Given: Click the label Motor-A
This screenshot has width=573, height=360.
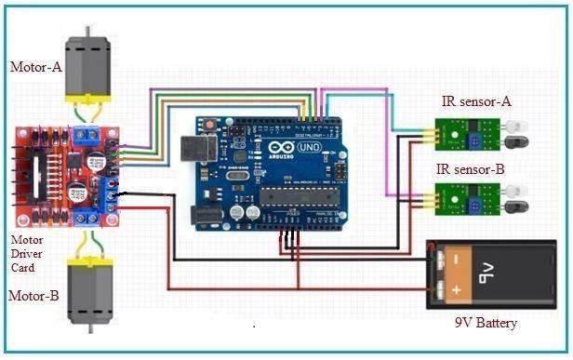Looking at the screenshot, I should [x=35, y=67].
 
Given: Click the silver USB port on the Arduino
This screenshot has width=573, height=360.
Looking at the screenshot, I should [x=198, y=151].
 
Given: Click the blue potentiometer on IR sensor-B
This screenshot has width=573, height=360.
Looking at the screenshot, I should [x=477, y=199].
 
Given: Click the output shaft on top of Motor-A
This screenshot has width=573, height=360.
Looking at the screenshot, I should [x=88, y=32].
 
